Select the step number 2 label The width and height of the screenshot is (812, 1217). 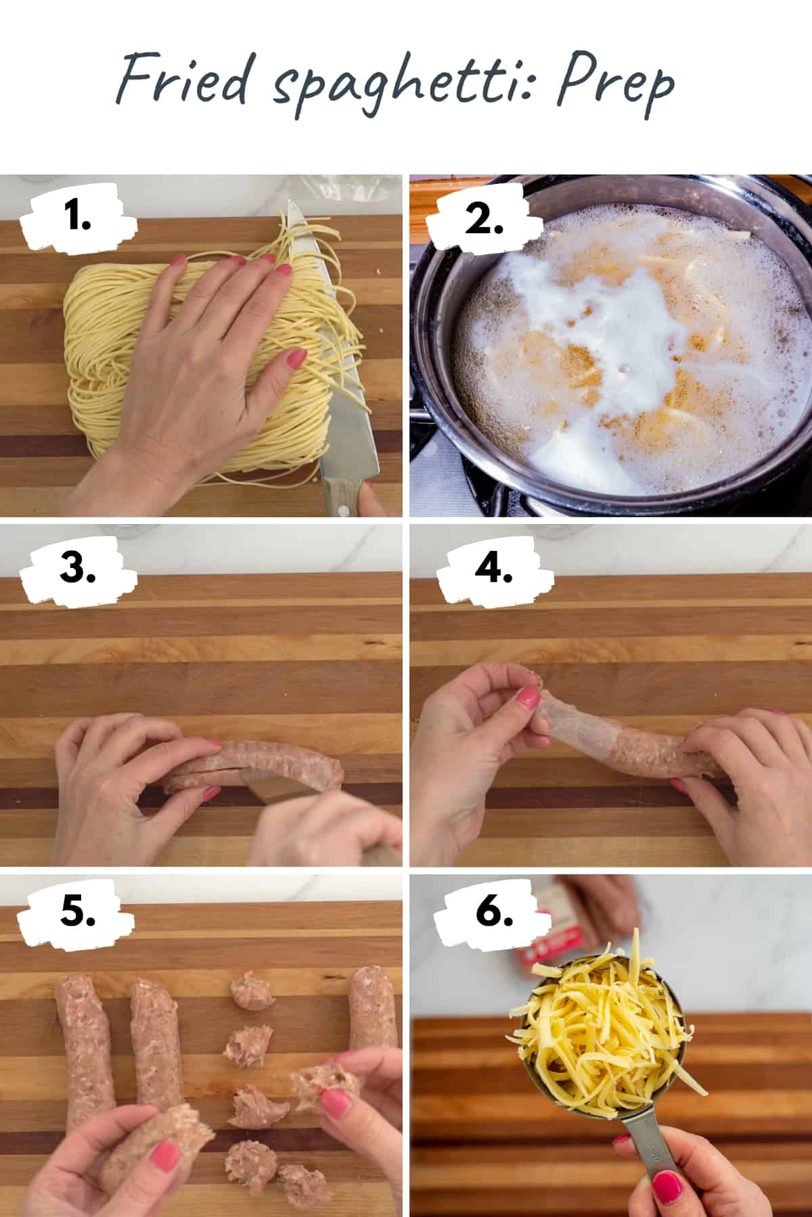[x=483, y=220]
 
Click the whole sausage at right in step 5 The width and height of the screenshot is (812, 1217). [x=372, y=1021]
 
